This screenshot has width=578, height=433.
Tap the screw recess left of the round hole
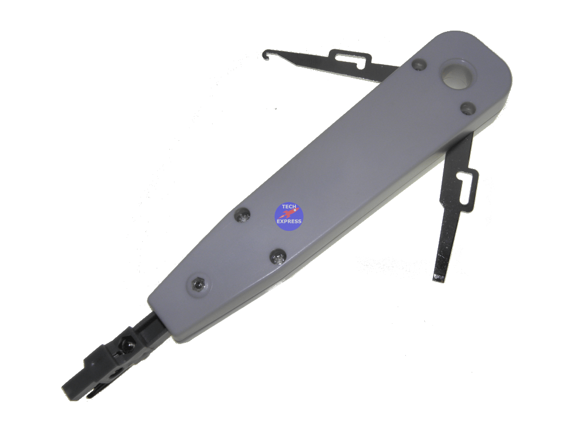tap(419, 65)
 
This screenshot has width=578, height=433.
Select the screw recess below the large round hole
tap(469, 109)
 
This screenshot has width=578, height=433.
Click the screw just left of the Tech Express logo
tap(242, 215)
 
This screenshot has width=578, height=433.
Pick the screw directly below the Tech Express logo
tap(278, 257)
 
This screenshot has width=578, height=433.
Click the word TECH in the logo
tap(289, 207)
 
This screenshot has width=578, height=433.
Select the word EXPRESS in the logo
tap(289, 221)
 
